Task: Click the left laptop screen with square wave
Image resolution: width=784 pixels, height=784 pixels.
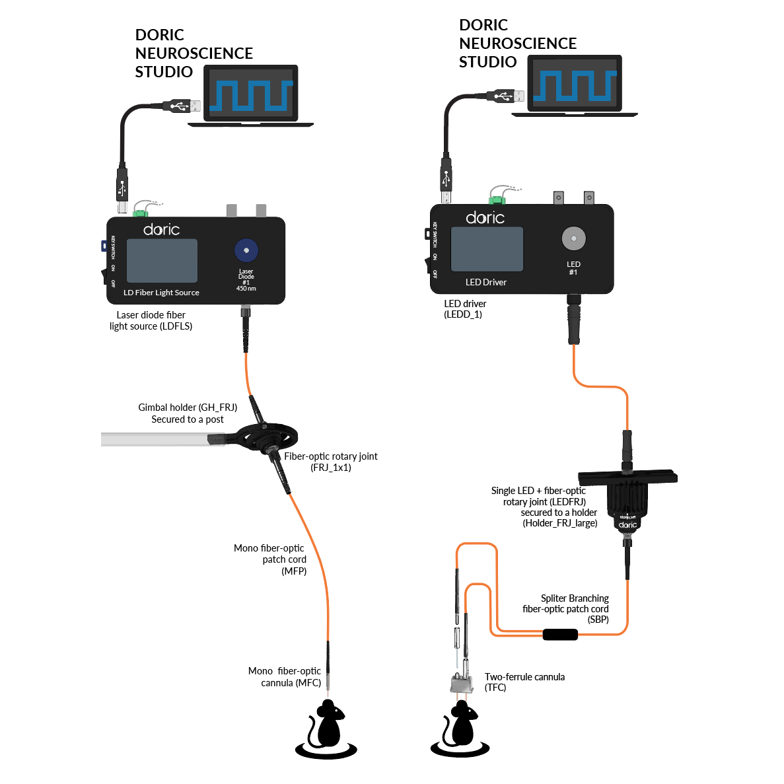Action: tap(251, 93)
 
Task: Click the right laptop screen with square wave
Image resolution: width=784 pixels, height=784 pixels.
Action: tap(575, 83)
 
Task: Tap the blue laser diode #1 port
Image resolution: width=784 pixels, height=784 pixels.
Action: tap(246, 250)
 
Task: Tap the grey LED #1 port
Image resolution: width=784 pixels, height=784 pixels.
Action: tap(573, 239)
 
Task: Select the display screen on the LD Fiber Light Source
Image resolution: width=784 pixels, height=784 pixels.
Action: tap(162, 260)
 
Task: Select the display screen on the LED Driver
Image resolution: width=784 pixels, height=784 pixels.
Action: tap(487, 249)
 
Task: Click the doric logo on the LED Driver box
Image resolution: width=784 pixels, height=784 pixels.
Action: tap(485, 217)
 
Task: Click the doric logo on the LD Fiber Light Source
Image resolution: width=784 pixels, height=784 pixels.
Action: tap(161, 229)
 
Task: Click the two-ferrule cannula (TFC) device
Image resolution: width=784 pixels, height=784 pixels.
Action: tap(462, 684)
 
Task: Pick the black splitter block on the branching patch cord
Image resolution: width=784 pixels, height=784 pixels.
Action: tap(560, 635)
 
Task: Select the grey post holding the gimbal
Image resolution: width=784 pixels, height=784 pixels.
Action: tap(155, 439)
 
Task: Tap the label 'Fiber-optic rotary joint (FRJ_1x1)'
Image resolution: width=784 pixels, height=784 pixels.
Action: tap(330, 462)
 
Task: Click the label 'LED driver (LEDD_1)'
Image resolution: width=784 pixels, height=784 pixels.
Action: tap(464, 309)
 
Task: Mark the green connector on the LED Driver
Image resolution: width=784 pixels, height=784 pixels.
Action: tap(496, 200)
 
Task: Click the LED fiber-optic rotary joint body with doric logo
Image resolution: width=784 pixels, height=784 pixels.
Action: tap(627, 505)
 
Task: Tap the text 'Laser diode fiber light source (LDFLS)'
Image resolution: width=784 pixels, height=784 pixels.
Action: tap(151, 320)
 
